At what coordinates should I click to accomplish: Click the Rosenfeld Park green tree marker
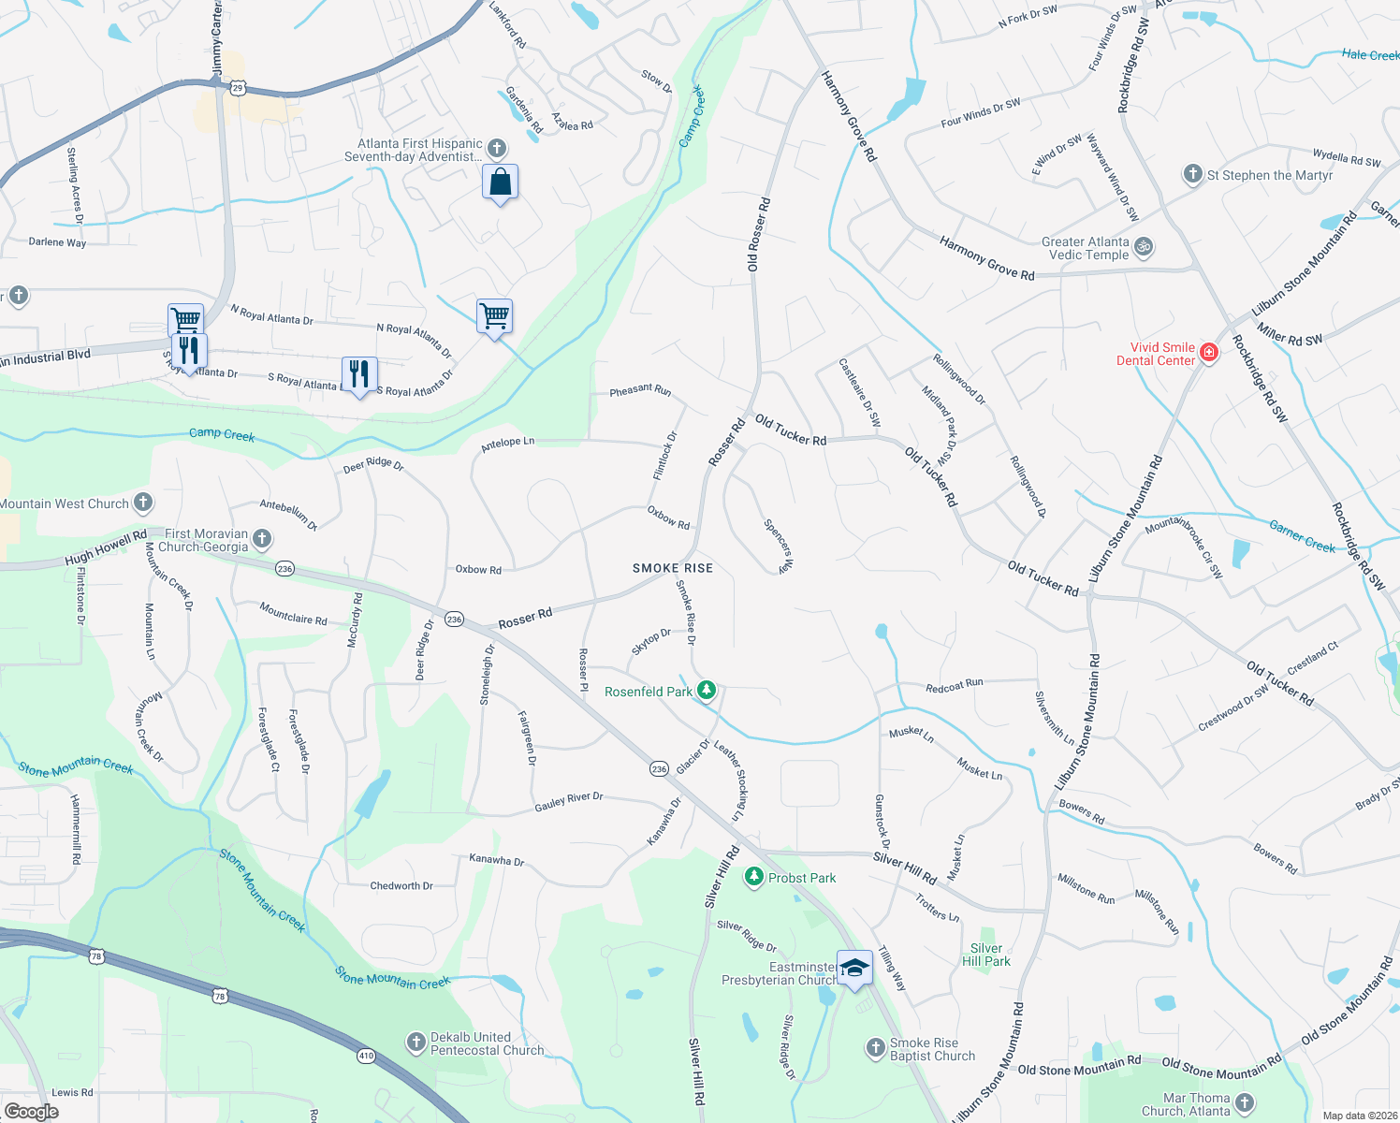point(707,691)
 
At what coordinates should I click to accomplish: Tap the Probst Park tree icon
point(753,877)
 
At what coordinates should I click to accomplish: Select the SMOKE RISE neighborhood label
point(672,568)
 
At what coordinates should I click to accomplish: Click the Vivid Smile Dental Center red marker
point(1209,353)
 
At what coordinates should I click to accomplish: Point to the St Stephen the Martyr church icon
point(1192,174)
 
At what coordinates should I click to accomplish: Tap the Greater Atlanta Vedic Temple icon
point(1143,247)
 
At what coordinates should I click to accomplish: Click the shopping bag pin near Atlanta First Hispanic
point(501,182)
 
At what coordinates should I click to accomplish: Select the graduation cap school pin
point(854,968)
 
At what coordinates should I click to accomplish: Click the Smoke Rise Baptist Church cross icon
point(875,1048)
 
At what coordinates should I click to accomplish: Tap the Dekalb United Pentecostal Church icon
point(416,1043)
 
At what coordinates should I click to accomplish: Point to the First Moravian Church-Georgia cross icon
point(262,539)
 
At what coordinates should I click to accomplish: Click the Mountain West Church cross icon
point(142,503)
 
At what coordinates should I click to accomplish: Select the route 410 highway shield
point(365,1056)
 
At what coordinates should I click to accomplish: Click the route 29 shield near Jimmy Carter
point(238,88)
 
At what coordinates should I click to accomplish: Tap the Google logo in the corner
point(32,1111)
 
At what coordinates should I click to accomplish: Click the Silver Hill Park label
point(986,955)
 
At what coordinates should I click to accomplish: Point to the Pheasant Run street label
point(640,389)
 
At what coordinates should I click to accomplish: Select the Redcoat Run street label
point(954,685)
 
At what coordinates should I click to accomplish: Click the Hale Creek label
point(1370,55)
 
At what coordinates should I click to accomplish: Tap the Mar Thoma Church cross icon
point(1245,1104)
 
